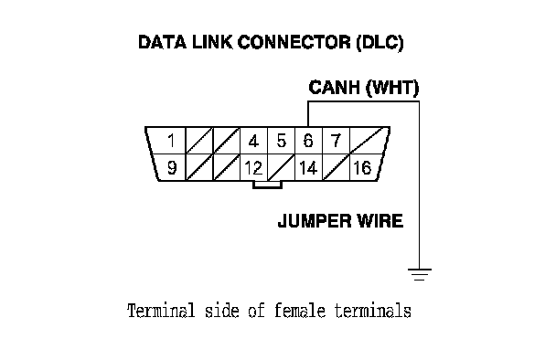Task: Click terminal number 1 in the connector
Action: click(171, 141)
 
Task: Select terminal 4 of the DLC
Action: click(253, 142)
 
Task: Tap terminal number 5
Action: click(281, 141)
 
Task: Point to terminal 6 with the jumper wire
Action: click(308, 141)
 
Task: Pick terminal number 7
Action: click(336, 141)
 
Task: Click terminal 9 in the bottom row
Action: click(172, 167)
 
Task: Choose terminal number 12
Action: click(253, 167)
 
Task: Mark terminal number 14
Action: click(308, 167)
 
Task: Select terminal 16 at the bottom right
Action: click(362, 167)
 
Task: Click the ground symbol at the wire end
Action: click(420, 275)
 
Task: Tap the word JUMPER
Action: click(315, 221)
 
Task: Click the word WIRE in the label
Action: click(380, 221)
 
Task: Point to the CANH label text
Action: click(334, 87)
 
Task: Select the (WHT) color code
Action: click(391, 88)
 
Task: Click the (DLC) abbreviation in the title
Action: click(380, 43)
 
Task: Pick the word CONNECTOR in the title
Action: click(294, 42)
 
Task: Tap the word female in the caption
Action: click(300, 311)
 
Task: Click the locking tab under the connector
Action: click(267, 185)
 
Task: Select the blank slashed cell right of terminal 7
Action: click(369, 141)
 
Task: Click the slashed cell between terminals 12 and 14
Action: click(281, 167)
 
